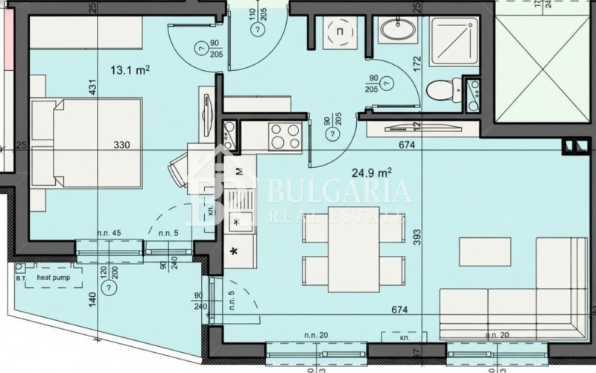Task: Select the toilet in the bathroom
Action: point(440,91)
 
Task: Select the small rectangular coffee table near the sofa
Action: point(484,251)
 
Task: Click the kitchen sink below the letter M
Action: point(240,220)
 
